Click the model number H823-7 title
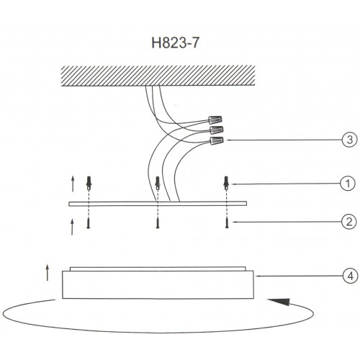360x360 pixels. pos(175,43)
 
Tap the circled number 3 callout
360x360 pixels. pos(350,140)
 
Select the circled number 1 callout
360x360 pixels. pos(348,184)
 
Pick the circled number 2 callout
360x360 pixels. pos(349,222)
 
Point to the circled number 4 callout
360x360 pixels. pos(351,276)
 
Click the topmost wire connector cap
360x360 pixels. pos(215,120)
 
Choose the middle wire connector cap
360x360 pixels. pos(217,130)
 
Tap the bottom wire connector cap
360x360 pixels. pos(217,140)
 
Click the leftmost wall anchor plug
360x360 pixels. pos(89,183)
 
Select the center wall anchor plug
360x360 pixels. pos(158,183)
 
